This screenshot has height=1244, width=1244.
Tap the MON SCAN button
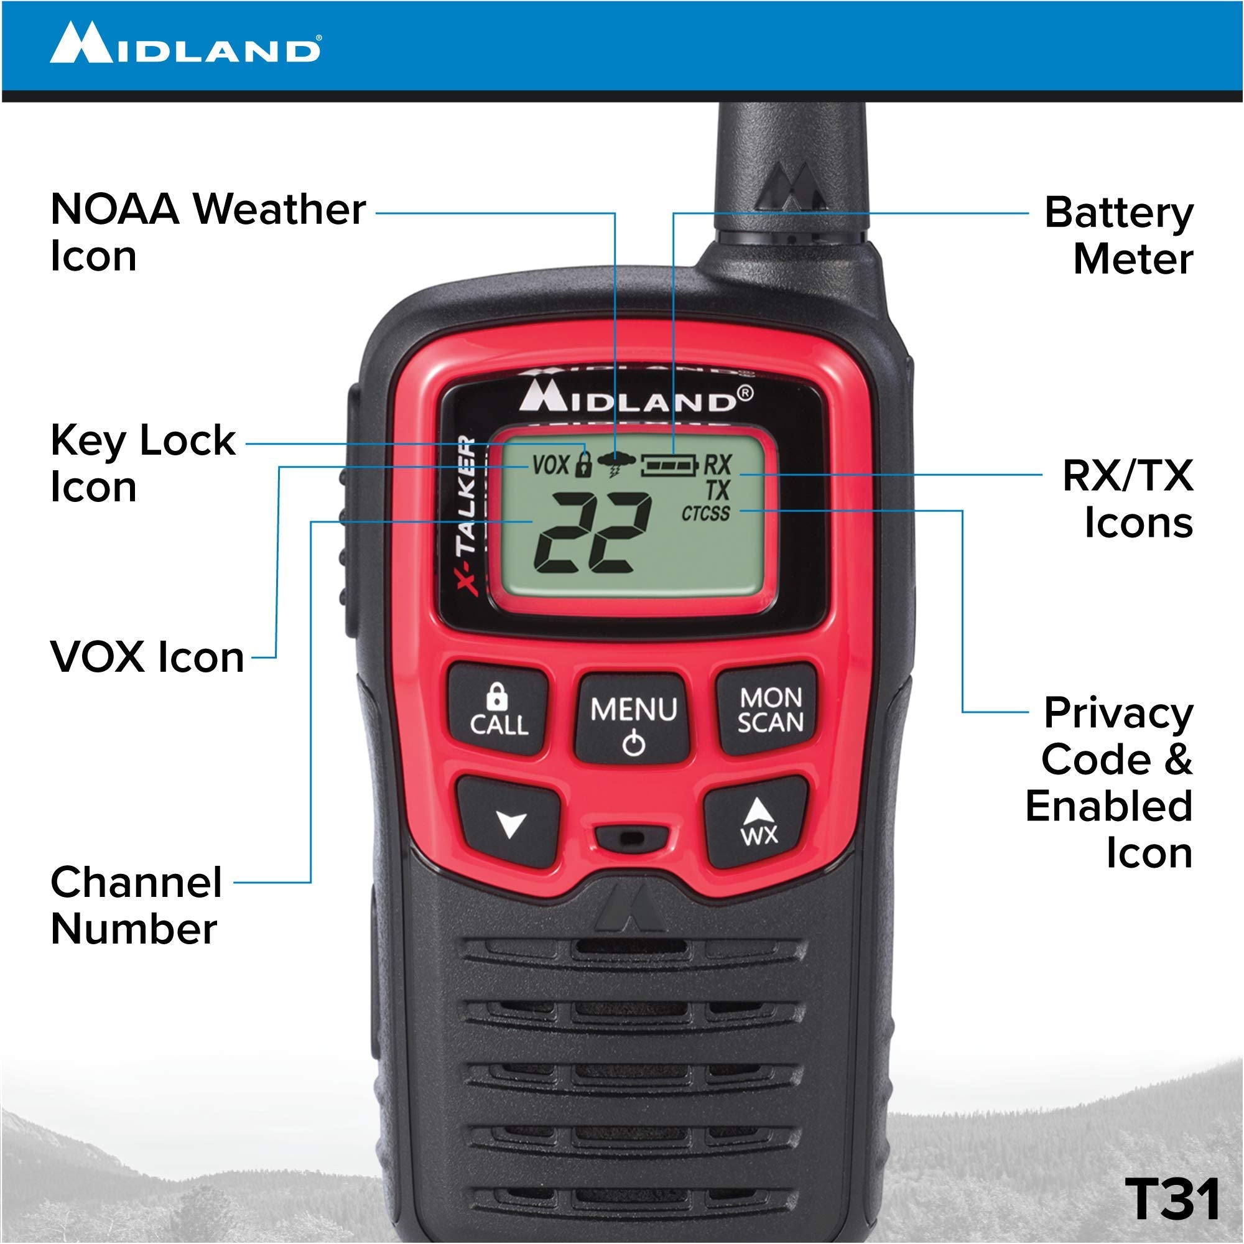coord(769,709)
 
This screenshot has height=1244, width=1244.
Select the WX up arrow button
coord(757,821)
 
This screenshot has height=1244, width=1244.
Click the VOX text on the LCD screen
coord(551,464)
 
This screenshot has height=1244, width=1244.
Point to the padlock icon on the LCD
coord(583,464)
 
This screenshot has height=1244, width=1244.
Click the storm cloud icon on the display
coord(616,463)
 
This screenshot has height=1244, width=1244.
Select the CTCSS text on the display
coord(706,513)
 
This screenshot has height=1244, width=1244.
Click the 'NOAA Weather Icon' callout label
coord(207,233)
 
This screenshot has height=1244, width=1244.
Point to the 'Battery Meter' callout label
coord(1119,236)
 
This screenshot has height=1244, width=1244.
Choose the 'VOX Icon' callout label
coord(147,657)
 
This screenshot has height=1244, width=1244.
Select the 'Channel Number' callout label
coord(136,905)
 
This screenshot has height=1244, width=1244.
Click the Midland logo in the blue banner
coord(185,44)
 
